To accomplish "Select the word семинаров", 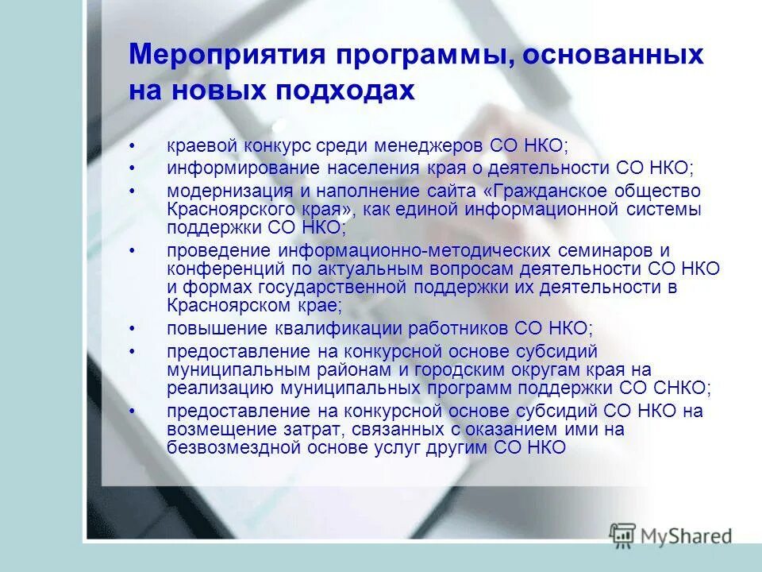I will [x=606, y=251].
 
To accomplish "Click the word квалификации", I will [x=378, y=329].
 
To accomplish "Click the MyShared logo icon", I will [x=623, y=535].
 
